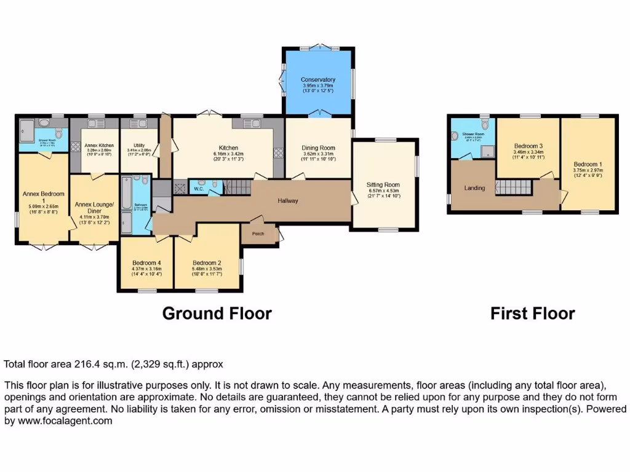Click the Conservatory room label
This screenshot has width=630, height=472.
click(318, 80)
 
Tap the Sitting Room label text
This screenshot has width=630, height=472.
click(383, 184)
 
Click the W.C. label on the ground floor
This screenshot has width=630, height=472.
click(199, 188)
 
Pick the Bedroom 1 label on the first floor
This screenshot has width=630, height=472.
click(587, 165)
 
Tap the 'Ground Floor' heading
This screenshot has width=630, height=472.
click(217, 313)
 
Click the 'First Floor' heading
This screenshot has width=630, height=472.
click(532, 313)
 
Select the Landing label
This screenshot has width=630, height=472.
click(474, 188)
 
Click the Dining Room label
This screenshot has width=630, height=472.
click(318, 147)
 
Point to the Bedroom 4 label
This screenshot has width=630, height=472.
click(146, 262)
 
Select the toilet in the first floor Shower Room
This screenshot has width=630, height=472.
click(455, 137)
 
